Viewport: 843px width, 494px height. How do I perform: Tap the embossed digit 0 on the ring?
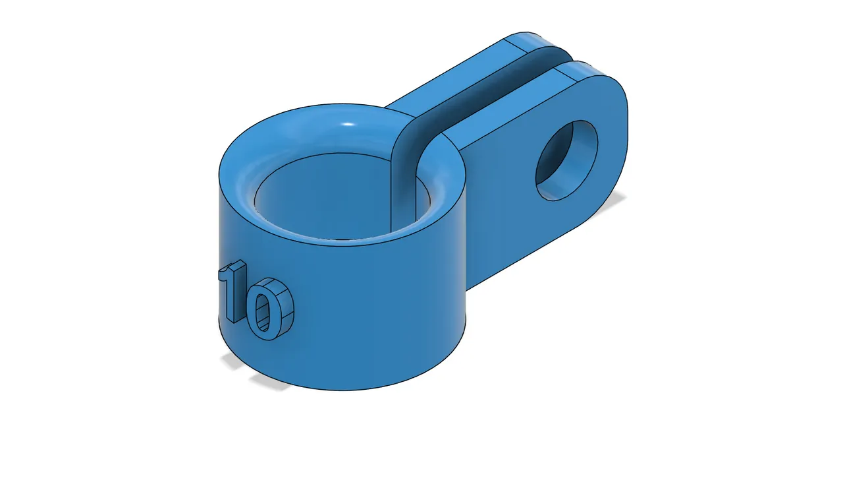pos(269,309)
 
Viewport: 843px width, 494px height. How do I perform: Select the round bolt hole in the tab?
pos(567,160)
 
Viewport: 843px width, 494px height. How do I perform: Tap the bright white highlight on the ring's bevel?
pos(349,125)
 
